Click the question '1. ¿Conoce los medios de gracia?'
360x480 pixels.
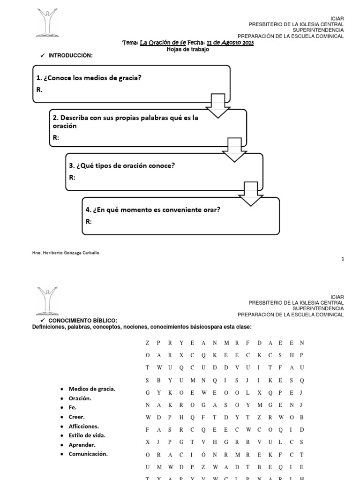(89, 78)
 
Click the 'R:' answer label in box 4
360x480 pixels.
(89, 221)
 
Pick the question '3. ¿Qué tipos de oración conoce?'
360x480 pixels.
(121, 165)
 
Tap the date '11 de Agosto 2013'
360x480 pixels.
(231, 43)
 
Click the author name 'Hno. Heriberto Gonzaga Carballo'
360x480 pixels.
(66, 253)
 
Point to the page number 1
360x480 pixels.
(343, 259)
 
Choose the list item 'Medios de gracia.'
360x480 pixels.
(92, 389)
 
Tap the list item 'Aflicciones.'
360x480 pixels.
(83, 426)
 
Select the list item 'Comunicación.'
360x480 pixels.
(88, 454)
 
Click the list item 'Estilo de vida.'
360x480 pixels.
(87, 435)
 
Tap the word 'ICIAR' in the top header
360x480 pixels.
(337, 18)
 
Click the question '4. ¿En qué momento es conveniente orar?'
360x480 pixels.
(153, 210)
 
